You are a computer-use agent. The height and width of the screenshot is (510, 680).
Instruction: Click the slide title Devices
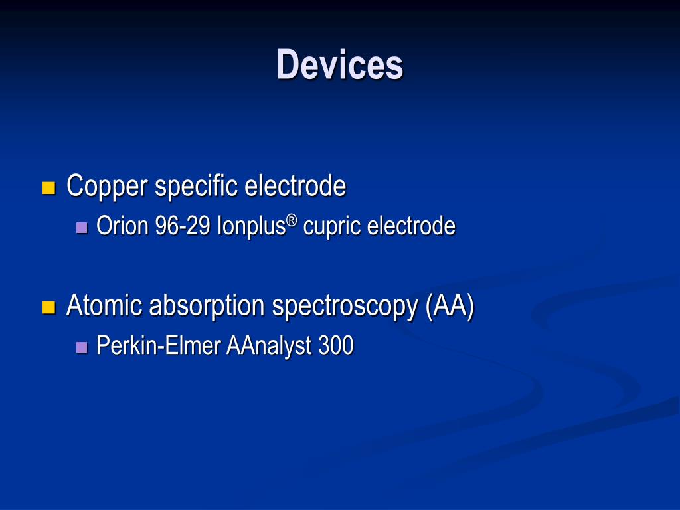339,64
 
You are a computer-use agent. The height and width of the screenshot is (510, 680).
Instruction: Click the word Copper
106,186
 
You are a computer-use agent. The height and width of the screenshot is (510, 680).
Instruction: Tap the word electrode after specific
295,186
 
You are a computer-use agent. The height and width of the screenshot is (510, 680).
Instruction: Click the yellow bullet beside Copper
48,188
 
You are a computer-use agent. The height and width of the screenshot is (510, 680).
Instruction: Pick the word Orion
122,226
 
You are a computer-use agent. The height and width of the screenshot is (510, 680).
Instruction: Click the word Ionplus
252,226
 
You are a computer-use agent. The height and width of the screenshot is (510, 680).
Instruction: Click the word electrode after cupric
411,226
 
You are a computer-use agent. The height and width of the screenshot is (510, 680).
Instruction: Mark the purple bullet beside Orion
82,228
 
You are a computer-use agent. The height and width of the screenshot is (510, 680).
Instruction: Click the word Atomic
104,305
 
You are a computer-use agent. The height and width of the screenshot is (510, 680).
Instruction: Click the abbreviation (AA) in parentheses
450,306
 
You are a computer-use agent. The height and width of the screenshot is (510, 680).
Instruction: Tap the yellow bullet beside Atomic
48,307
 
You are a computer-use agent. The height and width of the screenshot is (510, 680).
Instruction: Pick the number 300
335,346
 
